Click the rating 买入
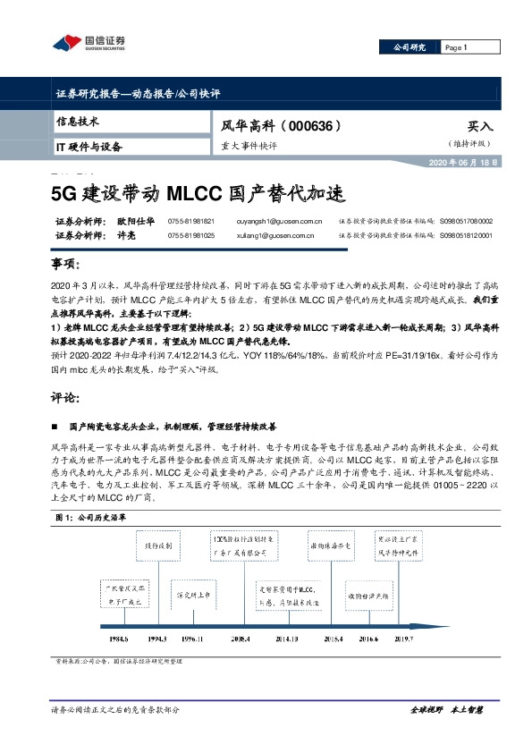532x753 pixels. tap(480, 128)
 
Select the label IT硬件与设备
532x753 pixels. tap(89, 146)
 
